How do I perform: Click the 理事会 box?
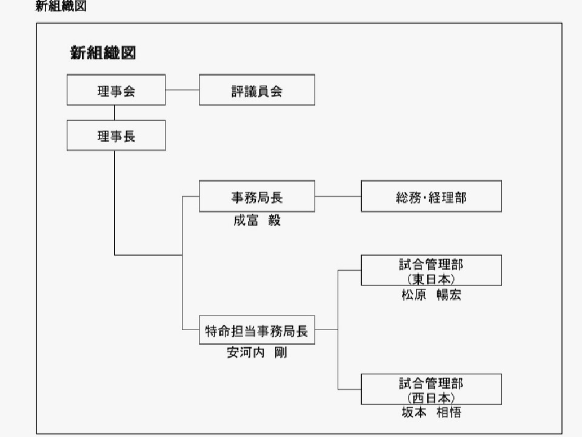pyautogui.click(x=116, y=90)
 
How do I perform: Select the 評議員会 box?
pyautogui.click(x=257, y=90)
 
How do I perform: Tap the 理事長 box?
pyautogui.click(x=116, y=136)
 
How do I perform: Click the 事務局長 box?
pyautogui.click(x=257, y=197)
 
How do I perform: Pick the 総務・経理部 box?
pyautogui.click(x=431, y=197)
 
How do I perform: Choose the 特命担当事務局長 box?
pyautogui.click(x=257, y=331)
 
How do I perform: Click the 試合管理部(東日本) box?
pyautogui.click(x=431, y=271)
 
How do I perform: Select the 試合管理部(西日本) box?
pyautogui.click(x=431, y=390)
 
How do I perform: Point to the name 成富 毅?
pyautogui.click(x=257, y=220)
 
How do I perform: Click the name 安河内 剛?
pyautogui.click(x=257, y=353)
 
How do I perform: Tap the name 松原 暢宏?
pyautogui.click(x=431, y=295)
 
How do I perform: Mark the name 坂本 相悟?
pyautogui.click(x=431, y=413)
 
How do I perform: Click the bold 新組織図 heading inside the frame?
pyautogui.click(x=102, y=53)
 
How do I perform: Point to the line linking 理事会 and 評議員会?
pyautogui.click(x=182, y=90)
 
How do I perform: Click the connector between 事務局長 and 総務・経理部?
pyautogui.click(x=338, y=197)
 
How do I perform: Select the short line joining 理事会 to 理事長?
pyautogui.click(x=115, y=113)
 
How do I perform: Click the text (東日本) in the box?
pyautogui.click(x=431, y=279)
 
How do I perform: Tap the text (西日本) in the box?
pyautogui.click(x=431, y=398)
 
